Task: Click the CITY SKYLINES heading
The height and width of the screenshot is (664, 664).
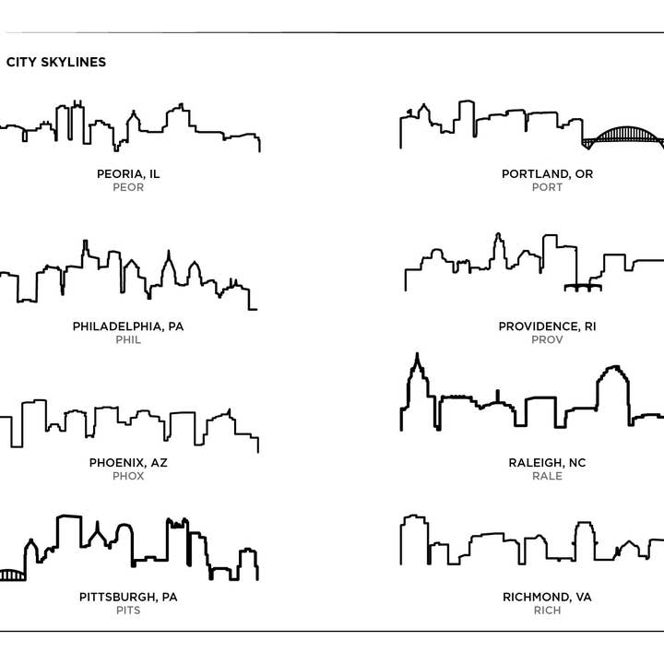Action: click(56, 63)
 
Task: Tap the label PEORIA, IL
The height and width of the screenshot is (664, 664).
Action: click(128, 173)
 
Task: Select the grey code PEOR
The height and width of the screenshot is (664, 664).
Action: click(128, 187)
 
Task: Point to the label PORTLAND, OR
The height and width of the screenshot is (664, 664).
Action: click(547, 173)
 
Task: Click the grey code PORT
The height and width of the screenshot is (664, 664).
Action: click(547, 187)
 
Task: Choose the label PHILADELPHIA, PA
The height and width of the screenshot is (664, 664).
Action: click(128, 326)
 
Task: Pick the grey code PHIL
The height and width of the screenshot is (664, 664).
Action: click(128, 339)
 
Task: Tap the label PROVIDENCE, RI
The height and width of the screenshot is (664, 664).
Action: click(547, 326)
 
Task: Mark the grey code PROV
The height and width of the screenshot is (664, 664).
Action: click(547, 339)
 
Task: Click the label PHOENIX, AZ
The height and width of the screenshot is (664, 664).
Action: click(128, 462)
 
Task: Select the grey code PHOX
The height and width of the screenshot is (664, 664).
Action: click(128, 476)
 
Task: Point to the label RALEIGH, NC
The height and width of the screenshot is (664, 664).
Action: click(547, 462)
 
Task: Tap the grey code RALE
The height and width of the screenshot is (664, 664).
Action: click(547, 476)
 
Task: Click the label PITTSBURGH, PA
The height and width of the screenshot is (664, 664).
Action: click(128, 597)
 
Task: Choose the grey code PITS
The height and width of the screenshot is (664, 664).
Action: click(128, 611)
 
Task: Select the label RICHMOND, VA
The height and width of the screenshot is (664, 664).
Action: click(547, 597)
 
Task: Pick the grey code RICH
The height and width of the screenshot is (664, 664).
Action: click(547, 611)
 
